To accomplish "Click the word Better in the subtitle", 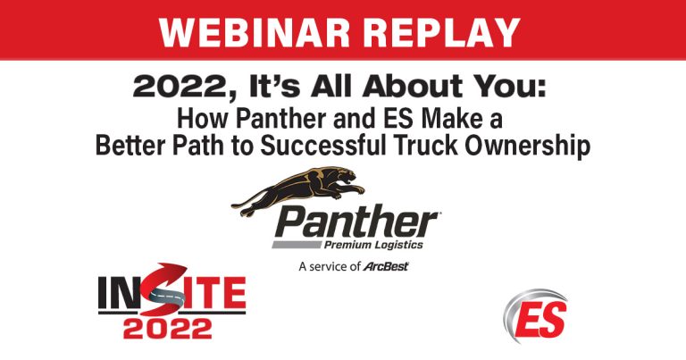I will pyautogui.click(x=134, y=145).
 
